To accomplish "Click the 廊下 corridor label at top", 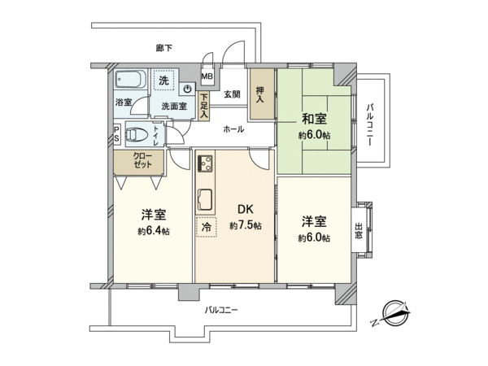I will pyautogui.click(x=165, y=49).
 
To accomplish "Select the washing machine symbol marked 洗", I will pyautogui.click(x=163, y=81).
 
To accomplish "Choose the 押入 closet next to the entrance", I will pyautogui.click(x=260, y=92).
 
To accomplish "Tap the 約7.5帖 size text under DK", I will pyautogui.click(x=245, y=226).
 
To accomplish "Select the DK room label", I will pyautogui.click(x=244, y=208).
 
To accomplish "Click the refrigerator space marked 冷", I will pyautogui.click(x=206, y=228).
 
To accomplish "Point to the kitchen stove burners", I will pyautogui.click(x=204, y=165).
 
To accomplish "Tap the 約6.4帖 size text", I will pyautogui.click(x=153, y=232).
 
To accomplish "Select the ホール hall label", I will pyautogui.click(x=233, y=129).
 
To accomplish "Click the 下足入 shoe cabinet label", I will pyautogui.click(x=203, y=106).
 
